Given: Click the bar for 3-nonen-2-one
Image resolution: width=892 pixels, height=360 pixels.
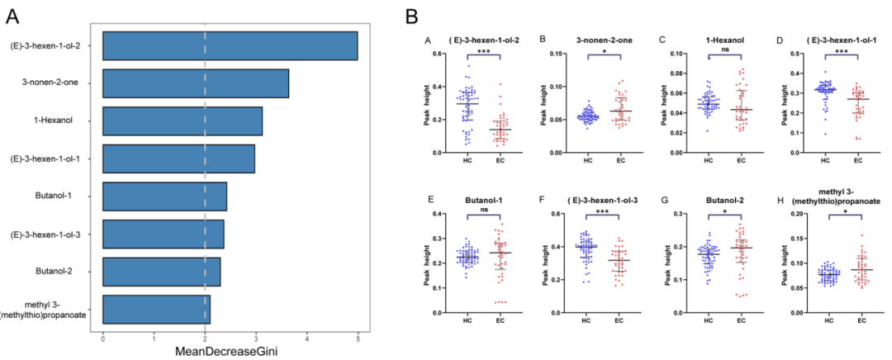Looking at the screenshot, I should click(x=195, y=83).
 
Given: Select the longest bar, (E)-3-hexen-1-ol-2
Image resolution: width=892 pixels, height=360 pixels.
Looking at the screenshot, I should click(x=230, y=45).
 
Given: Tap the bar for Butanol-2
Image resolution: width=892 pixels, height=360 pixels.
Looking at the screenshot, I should click(x=161, y=272).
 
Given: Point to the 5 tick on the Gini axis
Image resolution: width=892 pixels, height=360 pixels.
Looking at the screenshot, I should click(x=358, y=337).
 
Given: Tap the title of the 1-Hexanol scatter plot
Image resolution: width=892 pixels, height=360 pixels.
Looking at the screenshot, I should click(x=721, y=40).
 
